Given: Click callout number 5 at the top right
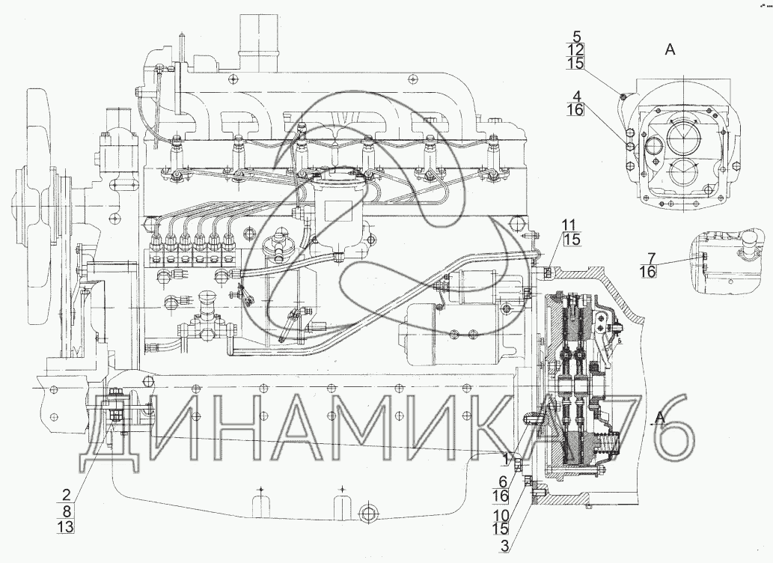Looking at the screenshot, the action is pos(577,36).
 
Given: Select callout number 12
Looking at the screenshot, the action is pos(575,50).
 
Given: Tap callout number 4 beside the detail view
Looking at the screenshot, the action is pos(577,95).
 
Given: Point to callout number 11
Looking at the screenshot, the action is pos(570,225).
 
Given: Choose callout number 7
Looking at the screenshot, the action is pos(652,258).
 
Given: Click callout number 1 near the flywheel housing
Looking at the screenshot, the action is pos(505,460).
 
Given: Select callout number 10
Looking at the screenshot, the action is pos(501,514).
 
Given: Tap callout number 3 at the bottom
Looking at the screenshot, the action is pos(504,547).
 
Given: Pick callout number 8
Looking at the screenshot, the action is pos(66,511).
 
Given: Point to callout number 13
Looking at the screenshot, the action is pos(65,527).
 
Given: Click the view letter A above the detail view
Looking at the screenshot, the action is pos(670,49).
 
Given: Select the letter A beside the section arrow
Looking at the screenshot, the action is pos(660,418).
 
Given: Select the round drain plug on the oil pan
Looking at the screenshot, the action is pos(368,513).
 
